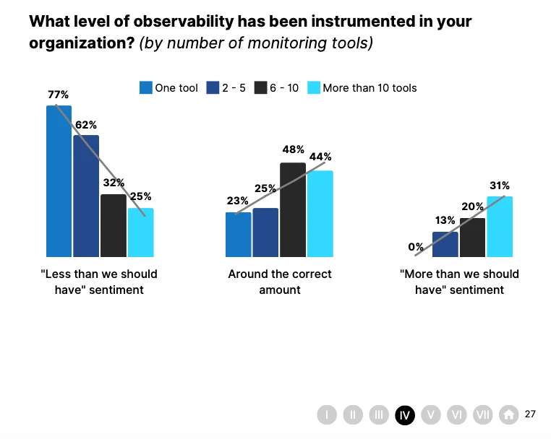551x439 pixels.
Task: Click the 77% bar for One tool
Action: [x=59, y=181]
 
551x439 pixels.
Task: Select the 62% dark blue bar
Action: [x=86, y=195]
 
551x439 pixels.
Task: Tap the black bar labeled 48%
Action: [x=293, y=209]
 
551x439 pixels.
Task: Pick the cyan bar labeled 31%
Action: [x=500, y=226]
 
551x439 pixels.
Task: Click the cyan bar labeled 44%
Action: [x=320, y=213]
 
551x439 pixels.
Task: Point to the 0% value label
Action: [x=416, y=247]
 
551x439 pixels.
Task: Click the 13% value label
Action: [x=445, y=220]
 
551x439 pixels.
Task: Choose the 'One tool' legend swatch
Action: [x=146, y=88]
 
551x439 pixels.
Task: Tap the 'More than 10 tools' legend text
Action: [x=370, y=88]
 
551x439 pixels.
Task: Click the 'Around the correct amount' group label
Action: [x=280, y=282]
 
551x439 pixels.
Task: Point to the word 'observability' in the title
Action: [x=168, y=21]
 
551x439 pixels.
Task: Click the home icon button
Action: [x=509, y=414]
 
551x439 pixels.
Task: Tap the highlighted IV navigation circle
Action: [x=405, y=414]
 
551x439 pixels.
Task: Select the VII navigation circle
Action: [x=483, y=414]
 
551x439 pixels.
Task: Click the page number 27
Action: [x=531, y=414]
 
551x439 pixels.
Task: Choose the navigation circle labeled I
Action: [x=327, y=414]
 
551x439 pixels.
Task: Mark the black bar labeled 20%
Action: [x=472, y=237]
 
